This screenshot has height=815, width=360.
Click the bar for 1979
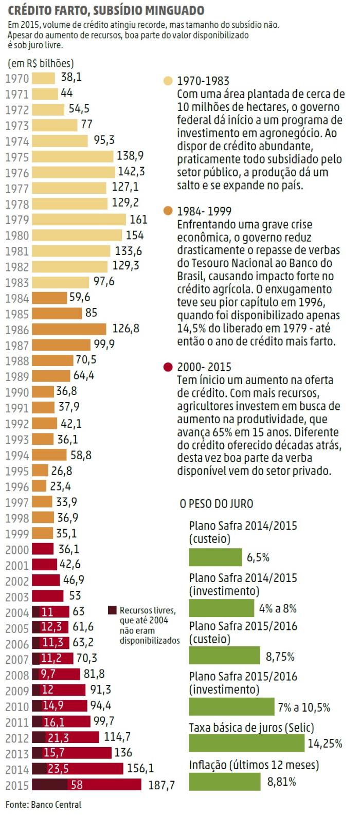click(79, 220)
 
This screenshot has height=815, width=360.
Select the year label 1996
click(17, 486)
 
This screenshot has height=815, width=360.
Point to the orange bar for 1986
click(69, 329)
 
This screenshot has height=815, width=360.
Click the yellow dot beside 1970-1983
click(168, 81)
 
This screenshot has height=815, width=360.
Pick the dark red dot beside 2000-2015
click(168, 367)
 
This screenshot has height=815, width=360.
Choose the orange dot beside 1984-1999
click(168, 211)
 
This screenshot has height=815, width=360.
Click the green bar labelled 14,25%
click(247, 743)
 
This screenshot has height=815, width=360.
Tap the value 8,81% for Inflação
click(281, 782)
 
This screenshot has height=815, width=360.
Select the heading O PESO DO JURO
click(217, 503)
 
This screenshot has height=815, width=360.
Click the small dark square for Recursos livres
click(112, 610)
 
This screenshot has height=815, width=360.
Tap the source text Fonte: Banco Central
click(43, 804)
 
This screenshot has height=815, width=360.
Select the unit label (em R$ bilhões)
click(41, 64)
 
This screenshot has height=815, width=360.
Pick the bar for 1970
click(43, 78)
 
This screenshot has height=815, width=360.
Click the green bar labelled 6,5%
click(215, 557)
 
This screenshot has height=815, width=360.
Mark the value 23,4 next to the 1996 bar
click(60, 486)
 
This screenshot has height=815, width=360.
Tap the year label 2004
click(17, 612)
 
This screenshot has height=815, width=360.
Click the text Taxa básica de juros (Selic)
click(251, 728)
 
